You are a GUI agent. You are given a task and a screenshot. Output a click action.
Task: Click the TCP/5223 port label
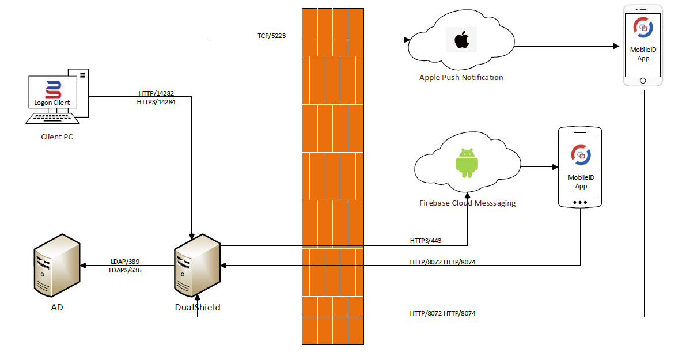click(x=271, y=36)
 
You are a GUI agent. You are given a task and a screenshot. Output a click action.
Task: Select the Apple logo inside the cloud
click(x=461, y=40)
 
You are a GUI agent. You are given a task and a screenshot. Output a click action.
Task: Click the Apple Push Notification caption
click(x=461, y=78)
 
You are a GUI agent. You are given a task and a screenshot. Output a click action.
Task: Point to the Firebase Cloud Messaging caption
click(x=467, y=203)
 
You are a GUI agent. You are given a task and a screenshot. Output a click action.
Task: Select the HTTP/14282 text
click(x=156, y=93)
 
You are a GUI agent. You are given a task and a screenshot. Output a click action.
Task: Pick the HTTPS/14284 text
click(x=156, y=102)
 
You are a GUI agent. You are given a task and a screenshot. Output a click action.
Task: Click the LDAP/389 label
click(x=125, y=261)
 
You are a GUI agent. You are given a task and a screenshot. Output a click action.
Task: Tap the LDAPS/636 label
click(x=125, y=270)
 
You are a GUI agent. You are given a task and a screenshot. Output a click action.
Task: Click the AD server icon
click(x=56, y=266)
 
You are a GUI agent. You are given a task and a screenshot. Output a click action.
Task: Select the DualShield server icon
click(x=197, y=266)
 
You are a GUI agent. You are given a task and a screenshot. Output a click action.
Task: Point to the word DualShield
click(x=197, y=308)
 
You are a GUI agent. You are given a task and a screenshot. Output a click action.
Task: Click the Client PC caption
click(x=57, y=137)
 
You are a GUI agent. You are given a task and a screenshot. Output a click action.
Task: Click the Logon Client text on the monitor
click(x=52, y=103)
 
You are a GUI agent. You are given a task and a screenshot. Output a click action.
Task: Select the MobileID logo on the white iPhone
click(x=643, y=26)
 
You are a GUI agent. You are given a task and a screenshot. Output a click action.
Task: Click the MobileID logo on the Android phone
click(x=581, y=154)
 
